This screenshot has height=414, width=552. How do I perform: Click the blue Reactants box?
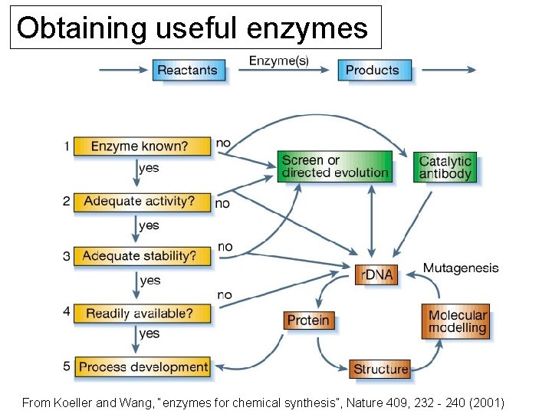point(187,71)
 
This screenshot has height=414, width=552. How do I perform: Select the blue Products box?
point(373,71)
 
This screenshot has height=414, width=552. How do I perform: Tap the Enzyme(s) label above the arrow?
point(279,61)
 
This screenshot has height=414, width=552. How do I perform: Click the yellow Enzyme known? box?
point(142,146)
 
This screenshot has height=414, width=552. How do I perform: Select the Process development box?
point(143,366)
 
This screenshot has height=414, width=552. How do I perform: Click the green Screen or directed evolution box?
point(334,166)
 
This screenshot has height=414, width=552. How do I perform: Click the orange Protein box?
point(308,320)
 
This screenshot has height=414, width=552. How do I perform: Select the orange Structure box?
point(380,369)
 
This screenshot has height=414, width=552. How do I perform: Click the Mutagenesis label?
point(461,268)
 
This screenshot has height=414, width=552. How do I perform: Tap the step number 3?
point(67,256)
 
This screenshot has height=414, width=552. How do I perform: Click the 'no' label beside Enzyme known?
point(223,143)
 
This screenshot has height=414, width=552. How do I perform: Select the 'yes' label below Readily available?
point(149,333)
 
